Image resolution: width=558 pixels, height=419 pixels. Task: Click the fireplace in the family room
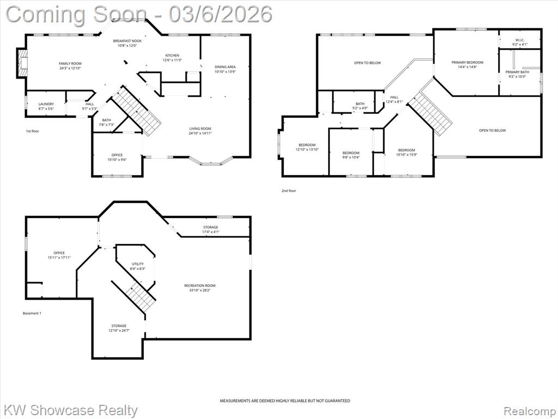22,63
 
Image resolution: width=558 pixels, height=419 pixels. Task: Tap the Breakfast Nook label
127,41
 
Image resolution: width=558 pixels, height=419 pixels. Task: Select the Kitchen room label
172,55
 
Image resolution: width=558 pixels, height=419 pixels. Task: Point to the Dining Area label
225,67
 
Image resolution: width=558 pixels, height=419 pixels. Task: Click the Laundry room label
46,104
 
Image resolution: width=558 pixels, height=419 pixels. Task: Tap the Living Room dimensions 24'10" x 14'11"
201,133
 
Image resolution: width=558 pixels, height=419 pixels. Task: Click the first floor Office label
117,155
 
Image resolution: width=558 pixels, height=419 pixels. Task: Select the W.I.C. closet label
519,40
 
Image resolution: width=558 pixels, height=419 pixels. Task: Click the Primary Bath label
517,72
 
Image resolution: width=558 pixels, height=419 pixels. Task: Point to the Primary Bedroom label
467,62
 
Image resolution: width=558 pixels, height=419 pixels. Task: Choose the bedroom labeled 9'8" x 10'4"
351,155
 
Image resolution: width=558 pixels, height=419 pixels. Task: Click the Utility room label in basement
138,264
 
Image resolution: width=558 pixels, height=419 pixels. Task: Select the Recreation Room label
199,285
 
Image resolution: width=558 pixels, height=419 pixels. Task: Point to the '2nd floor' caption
289,190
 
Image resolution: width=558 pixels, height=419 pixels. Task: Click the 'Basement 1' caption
32,313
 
